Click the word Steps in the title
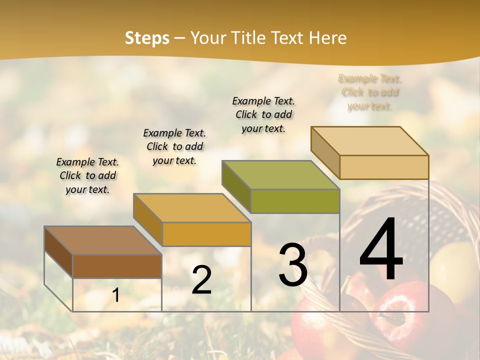pyautogui.click(x=147, y=38)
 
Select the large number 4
pyautogui.click(x=381, y=250)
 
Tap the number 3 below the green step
pyautogui.click(x=293, y=265)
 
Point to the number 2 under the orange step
pyautogui.click(x=201, y=280)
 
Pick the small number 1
pyautogui.click(x=116, y=295)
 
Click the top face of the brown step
pyautogui.click(x=102, y=240)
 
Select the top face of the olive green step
pyautogui.click(x=280, y=175)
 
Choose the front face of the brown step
pyautogui.click(x=117, y=266)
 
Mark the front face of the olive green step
pyautogui.click(x=295, y=201)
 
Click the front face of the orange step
pyautogui.click(x=206, y=234)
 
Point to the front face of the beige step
pyautogui.click(x=384, y=167)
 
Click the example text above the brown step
pyautogui.click(x=87, y=175)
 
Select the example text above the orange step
pyautogui.click(x=174, y=146)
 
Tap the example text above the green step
pyautogui.click(x=263, y=114)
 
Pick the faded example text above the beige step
pyautogui.click(x=370, y=92)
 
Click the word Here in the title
pyautogui.click(x=328, y=38)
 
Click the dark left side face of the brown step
pyautogui.click(x=58, y=252)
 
